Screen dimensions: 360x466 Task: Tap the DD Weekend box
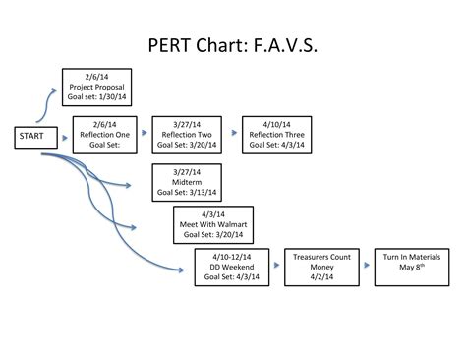point(229,267)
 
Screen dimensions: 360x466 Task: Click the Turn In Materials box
point(406,267)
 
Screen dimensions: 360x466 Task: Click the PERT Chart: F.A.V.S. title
point(233,46)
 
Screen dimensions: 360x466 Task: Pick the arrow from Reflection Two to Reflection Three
point(232,130)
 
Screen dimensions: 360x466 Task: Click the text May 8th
point(406,267)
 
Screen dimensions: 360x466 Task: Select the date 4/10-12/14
point(229,256)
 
